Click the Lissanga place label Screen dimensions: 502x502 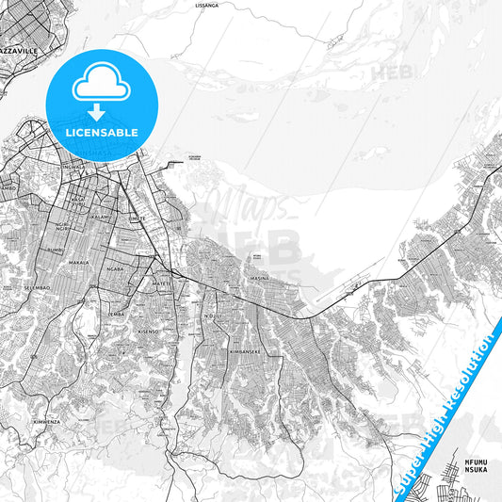(205, 5)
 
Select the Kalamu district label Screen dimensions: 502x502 (101, 217)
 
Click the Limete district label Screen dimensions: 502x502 (140, 218)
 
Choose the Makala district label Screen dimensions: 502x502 (79, 263)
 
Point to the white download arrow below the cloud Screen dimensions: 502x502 (95, 112)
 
